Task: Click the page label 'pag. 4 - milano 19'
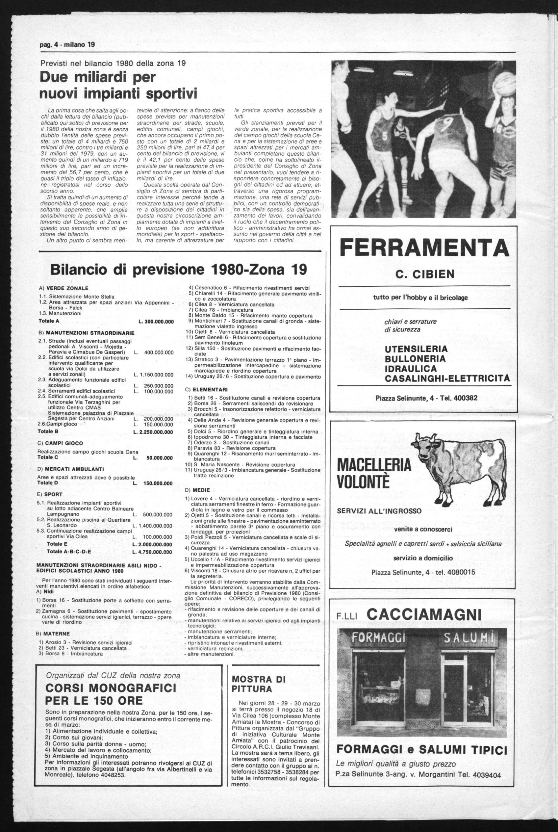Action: pos(67,45)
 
